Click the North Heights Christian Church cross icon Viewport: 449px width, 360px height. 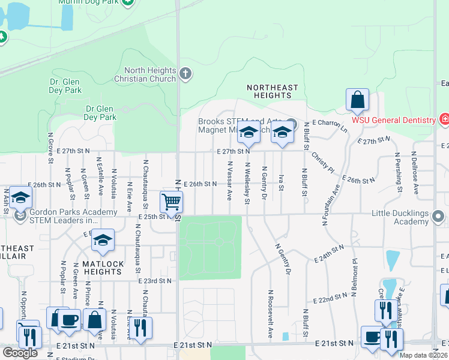click(186, 74)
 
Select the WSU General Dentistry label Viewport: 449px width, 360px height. click(393, 120)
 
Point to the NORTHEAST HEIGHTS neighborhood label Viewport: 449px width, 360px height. click(273, 91)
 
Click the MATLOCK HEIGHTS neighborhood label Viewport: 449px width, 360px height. click(103, 268)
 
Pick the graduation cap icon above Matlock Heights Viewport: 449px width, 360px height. click(103, 240)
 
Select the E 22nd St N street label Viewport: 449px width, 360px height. click(330, 296)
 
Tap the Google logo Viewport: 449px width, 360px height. click(20, 353)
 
